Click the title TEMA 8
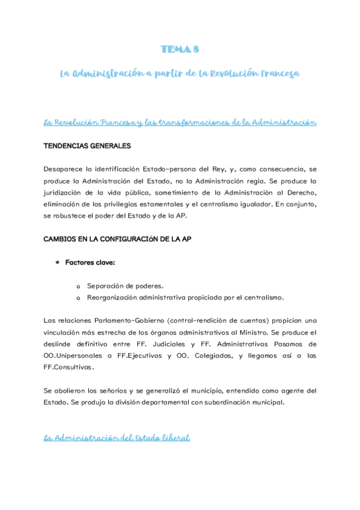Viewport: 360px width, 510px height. (180, 49)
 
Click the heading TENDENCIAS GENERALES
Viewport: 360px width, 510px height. (87, 146)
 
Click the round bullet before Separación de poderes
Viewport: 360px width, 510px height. (78, 286)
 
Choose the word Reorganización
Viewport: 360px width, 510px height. (114, 297)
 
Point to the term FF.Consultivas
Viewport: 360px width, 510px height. (69, 367)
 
